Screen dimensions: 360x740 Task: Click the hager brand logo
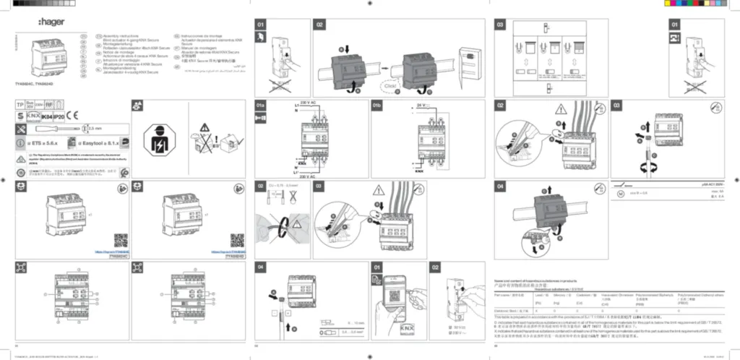[x=51, y=22]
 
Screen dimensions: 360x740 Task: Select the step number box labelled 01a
[x=261, y=106]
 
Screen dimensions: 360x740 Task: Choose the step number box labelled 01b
[x=377, y=106]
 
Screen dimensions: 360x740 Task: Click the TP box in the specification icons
[x=21, y=105]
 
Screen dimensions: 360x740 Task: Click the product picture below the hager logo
[x=50, y=56]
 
